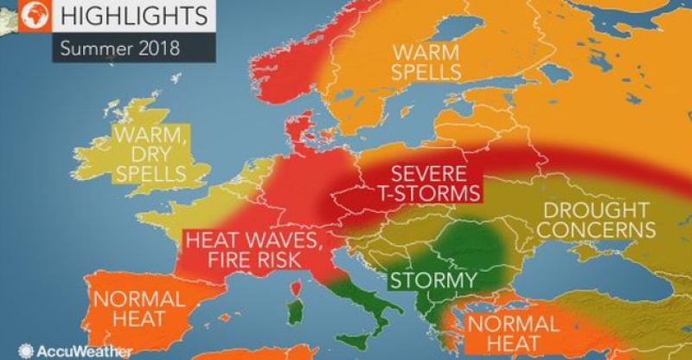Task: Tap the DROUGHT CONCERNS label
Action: point(595,221)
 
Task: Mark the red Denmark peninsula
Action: point(308,134)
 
